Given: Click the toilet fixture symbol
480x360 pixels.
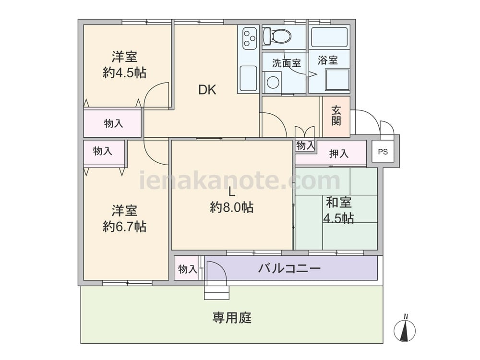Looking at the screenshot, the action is pos(276,36).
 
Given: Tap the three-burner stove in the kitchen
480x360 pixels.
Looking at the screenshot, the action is pos(250,38).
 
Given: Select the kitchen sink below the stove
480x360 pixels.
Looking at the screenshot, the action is pos(248,78).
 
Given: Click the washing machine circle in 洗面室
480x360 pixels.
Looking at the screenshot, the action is pos(273,82).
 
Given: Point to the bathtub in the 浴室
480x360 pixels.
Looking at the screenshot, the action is pos(329,37).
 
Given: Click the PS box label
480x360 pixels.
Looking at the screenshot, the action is pos(383,152).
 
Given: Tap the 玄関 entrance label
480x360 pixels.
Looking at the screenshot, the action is pos(336,116).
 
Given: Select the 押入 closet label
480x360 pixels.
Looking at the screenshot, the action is pos(338,154).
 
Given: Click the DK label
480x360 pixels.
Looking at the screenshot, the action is pos(207,90).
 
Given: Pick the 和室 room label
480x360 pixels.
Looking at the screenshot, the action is pos(338,203).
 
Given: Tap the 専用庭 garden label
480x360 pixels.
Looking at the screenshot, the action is pos(232,318).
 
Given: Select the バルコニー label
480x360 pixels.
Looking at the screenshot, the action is pos(289,268).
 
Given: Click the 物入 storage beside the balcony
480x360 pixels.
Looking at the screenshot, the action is pos(187,269).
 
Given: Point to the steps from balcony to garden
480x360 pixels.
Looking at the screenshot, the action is pos(216,292).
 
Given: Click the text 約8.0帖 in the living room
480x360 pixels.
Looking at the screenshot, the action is pos(231,207).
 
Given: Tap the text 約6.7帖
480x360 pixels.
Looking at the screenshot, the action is pos(124,227).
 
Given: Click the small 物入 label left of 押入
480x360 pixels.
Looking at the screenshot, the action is pos(305,146).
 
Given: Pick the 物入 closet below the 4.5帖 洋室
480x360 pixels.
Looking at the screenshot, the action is pos(113,123).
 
